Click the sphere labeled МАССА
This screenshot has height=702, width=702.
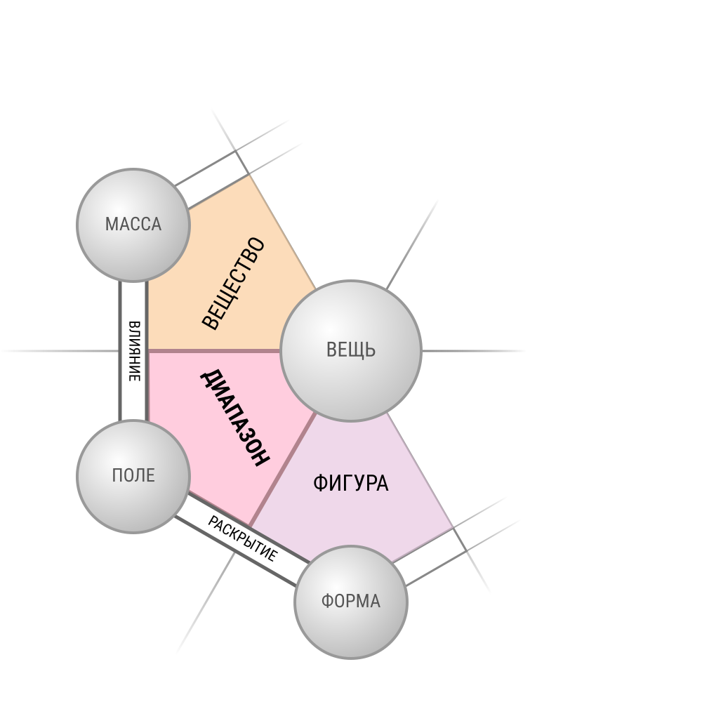click(133, 225)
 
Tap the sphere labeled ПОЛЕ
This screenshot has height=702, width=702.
click(133, 477)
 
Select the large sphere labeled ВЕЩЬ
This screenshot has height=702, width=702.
click(351, 351)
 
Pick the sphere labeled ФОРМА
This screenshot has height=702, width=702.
click(351, 602)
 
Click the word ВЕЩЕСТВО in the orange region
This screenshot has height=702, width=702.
click(233, 284)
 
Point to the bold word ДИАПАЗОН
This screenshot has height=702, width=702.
click(235, 418)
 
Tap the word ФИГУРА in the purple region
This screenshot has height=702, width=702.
click(350, 484)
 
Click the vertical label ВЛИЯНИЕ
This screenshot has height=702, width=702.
click(134, 352)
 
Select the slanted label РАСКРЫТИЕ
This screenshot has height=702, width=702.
click(243, 538)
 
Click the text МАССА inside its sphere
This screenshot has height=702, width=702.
click(133, 225)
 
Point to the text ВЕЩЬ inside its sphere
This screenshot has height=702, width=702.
click(351, 350)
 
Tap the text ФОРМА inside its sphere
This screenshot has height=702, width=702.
click(351, 602)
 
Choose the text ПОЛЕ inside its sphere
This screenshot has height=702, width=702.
click(133, 475)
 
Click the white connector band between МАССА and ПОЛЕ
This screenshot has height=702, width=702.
click(133, 351)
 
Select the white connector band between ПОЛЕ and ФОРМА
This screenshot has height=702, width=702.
click(242, 539)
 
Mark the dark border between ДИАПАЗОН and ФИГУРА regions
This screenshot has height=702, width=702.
click(282, 470)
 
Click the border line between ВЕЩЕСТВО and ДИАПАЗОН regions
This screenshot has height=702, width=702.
click(214, 351)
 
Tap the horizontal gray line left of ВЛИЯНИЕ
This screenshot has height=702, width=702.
click(60, 351)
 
